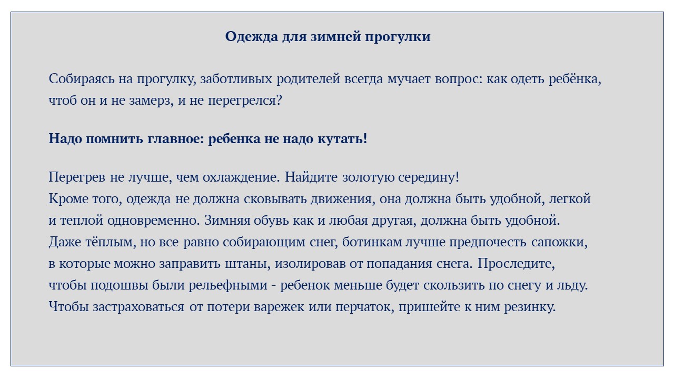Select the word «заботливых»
point(236,79)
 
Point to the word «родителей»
point(309,79)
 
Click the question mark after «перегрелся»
point(279,101)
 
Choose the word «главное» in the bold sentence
point(174,139)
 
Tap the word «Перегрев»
point(77,177)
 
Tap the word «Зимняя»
point(227,221)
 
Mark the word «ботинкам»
point(372,242)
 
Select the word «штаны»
point(245,264)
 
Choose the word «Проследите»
point(516,264)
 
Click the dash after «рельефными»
point(274,286)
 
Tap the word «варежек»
point(279,307)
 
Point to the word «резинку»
point(530,307)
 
